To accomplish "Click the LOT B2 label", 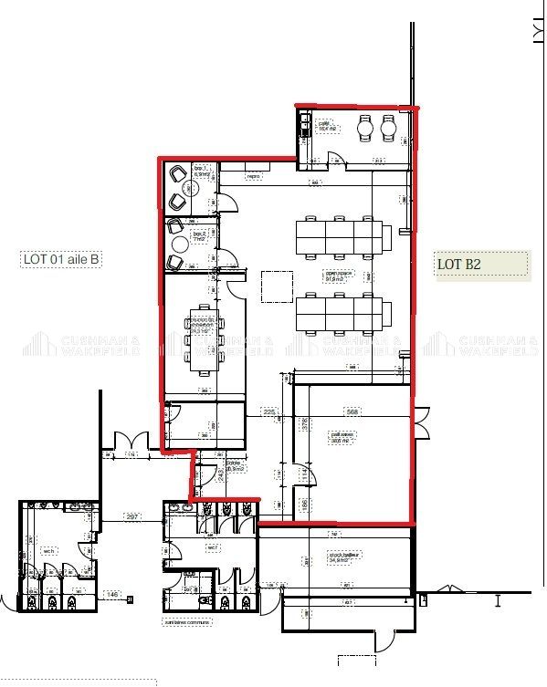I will pos(459,265).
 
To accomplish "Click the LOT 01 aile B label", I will pos(61,260).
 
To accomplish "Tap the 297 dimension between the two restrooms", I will pos(132,517).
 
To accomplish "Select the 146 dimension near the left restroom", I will pos(112,594).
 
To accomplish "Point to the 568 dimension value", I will pos(351,411).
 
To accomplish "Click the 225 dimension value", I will pos(268,411).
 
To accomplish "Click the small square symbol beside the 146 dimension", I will pos(131,599).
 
